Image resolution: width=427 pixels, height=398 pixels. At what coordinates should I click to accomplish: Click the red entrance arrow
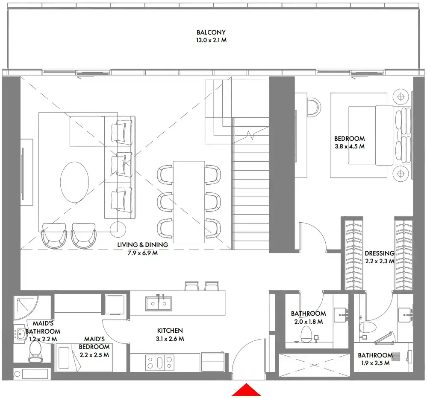[x=246, y=390]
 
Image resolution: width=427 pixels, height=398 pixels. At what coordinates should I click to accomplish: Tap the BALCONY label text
[x=211, y=32]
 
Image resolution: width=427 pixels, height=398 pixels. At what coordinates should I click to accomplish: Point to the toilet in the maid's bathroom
[x=35, y=352]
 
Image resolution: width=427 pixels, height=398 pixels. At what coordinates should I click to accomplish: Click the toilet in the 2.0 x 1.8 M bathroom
[x=306, y=334]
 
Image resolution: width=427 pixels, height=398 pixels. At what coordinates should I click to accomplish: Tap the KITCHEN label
[x=170, y=331]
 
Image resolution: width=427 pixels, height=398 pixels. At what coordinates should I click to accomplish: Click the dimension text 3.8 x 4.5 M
[x=349, y=146]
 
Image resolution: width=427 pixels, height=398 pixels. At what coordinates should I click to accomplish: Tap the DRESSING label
[x=379, y=253]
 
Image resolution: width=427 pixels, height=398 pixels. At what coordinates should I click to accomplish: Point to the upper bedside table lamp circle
[x=400, y=97]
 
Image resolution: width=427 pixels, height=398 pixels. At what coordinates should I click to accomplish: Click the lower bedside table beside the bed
[x=400, y=173]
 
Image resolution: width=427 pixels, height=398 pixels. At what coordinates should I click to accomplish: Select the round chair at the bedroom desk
[x=314, y=106]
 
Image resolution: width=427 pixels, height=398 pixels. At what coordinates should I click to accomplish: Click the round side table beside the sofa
[x=118, y=230]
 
